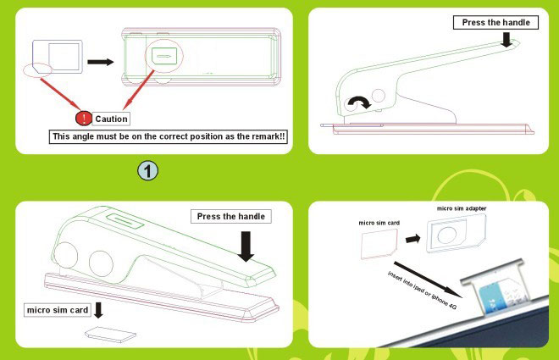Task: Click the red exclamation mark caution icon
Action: point(84,119)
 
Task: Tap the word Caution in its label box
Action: point(111,119)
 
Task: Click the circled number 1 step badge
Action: point(147,170)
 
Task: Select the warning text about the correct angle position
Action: point(169,136)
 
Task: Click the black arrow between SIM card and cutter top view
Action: point(101,62)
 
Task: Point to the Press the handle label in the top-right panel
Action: point(495,23)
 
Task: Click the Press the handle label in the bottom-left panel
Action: point(231,216)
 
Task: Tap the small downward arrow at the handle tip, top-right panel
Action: point(506,40)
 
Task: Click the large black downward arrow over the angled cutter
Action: point(246,246)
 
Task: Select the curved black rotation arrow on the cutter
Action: point(358,102)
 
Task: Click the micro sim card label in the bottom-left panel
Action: point(58,310)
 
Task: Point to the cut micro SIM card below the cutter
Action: point(110,335)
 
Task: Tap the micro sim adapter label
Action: point(462,208)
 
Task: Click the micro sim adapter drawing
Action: point(457,234)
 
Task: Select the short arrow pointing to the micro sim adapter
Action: point(412,239)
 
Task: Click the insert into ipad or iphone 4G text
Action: point(422,291)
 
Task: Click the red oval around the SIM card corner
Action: point(37,70)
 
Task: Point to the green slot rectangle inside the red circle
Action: point(164,56)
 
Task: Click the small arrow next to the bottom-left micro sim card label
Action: point(98,310)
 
